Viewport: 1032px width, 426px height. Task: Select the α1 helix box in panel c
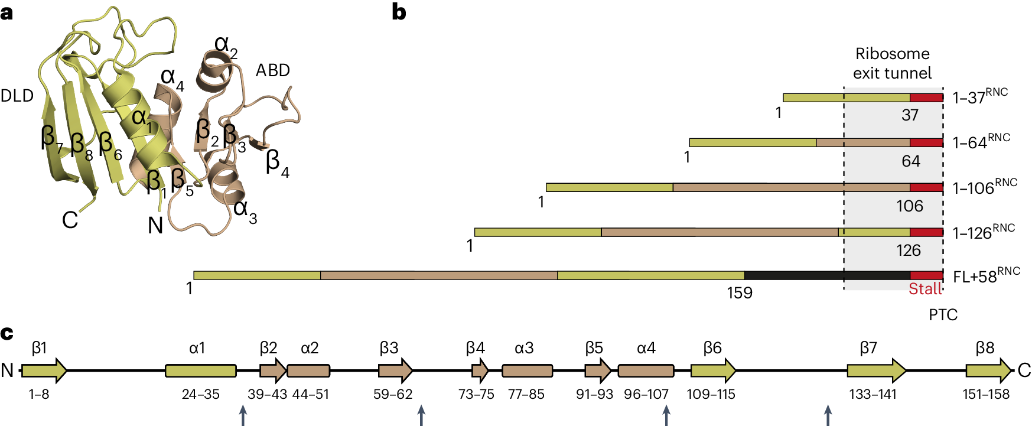(x=200, y=370)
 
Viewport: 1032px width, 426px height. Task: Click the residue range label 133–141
(x=873, y=394)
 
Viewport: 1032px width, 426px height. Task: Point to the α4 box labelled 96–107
(x=645, y=370)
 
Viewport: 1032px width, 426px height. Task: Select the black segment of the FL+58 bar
(x=827, y=275)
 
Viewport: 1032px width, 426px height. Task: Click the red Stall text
(x=924, y=289)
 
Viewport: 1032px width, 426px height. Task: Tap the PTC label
(x=943, y=315)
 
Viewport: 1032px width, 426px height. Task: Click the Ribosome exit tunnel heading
(x=892, y=63)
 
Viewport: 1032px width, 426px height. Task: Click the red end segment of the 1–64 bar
(x=926, y=142)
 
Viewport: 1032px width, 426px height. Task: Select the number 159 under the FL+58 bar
(x=739, y=293)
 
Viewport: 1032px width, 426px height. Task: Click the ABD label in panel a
(x=272, y=71)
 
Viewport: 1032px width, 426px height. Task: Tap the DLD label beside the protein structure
(x=17, y=96)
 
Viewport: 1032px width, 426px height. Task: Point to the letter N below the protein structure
(x=155, y=226)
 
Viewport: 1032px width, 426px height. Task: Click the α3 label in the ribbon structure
(x=245, y=210)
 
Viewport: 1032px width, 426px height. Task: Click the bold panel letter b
(x=399, y=12)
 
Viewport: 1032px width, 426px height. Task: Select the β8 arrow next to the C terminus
(x=988, y=370)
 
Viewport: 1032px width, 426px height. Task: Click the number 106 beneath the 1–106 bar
(x=909, y=206)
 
